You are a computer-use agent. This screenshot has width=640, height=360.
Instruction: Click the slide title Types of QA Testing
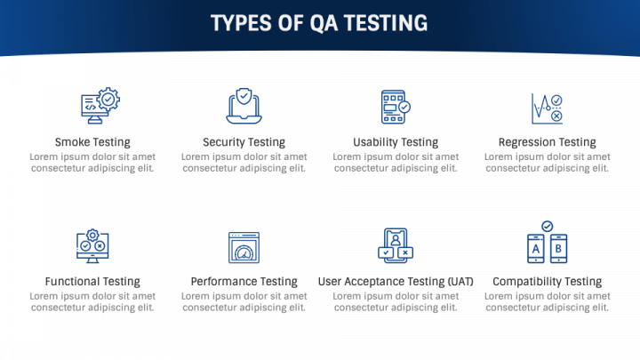tap(319, 23)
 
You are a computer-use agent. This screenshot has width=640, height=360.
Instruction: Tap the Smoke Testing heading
tap(92, 142)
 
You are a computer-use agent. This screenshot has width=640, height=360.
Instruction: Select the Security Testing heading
tap(244, 142)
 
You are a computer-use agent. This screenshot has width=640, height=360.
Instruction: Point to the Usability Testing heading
tap(396, 142)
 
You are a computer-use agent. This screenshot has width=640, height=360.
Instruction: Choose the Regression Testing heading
tap(548, 142)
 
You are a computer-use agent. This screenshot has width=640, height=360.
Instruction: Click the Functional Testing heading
tap(92, 281)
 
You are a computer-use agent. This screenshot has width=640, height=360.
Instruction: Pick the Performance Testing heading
tap(244, 281)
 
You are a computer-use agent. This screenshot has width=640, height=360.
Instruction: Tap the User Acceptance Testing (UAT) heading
tap(396, 281)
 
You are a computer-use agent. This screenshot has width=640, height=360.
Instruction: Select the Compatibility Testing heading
tap(548, 281)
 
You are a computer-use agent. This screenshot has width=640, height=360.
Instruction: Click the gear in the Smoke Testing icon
tap(108, 99)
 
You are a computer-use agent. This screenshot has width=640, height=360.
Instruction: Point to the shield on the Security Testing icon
tap(244, 96)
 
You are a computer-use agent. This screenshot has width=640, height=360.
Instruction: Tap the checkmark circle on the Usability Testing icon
tap(404, 107)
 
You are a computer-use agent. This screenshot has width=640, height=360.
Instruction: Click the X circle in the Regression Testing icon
tap(556, 116)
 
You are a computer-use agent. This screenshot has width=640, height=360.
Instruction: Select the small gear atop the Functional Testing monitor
tap(92, 235)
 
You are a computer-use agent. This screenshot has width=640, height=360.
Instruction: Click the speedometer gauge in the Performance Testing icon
tap(244, 253)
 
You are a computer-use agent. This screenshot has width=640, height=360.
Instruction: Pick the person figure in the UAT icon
tap(396, 240)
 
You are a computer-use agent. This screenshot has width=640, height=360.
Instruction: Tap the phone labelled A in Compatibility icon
tap(536, 249)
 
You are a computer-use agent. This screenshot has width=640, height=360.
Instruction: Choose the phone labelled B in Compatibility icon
tap(558, 249)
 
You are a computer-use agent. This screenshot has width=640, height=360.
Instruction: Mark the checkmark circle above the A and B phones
tap(548, 226)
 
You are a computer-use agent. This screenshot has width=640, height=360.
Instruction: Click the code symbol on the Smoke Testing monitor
tap(90, 108)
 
